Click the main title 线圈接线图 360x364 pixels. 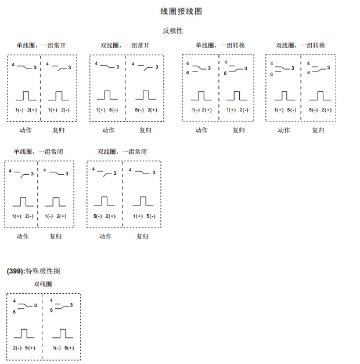(181, 12)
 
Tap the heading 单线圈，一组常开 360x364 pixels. (37, 45)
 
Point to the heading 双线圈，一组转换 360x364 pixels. (300, 45)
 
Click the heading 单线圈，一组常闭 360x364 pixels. (38, 152)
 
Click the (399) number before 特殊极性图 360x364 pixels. (16, 271)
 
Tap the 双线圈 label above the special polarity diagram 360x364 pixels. (42, 284)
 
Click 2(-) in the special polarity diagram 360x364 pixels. (17, 348)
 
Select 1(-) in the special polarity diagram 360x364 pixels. (57, 348)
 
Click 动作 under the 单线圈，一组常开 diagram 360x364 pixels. (25, 130)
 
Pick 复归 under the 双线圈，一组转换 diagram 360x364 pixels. (318, 130)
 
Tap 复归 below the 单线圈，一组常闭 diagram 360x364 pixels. (55, 236)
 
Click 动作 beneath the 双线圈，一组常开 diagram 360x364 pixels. (108, 130)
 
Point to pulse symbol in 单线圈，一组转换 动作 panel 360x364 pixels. (201, 95)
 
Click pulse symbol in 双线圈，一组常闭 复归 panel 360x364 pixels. (143, 201)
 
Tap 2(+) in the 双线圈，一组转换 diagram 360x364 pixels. (327, 110)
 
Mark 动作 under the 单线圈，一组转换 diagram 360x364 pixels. (201, 130)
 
